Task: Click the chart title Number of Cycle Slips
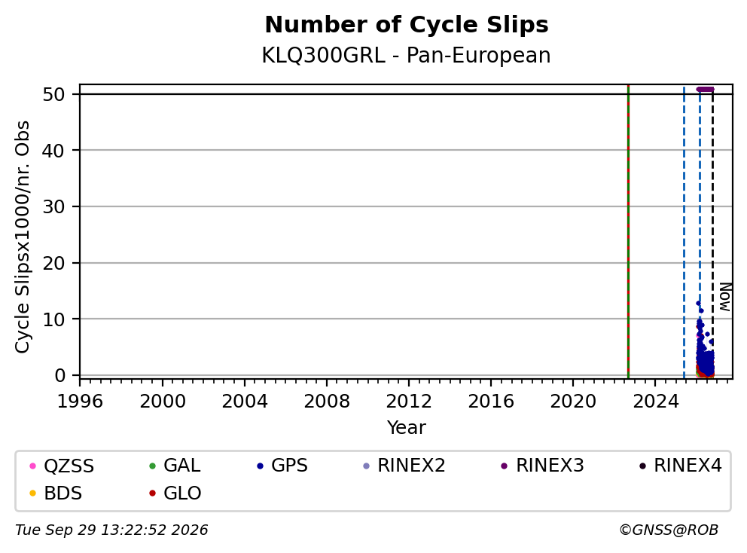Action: coord(407,25)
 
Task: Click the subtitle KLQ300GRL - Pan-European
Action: coord(407,55)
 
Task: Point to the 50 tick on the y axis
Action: coord(53,94)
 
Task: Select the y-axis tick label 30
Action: coord(53,207)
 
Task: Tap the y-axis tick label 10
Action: coord(53,319)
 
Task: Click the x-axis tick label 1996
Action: coord(80,402)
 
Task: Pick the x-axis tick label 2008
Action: coord(327,402)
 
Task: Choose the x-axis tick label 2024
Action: coord(656,402)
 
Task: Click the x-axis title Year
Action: coord(407,428)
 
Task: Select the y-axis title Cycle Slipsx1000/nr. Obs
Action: coord(23,237)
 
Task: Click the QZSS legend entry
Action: coord(62,466)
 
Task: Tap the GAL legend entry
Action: coord(175,466)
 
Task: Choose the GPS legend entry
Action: coord(282,466)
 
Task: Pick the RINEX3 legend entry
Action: coord(543,466)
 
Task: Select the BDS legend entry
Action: coord(56,493)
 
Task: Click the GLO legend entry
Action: coord(175,493)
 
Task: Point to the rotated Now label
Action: coord(724,297)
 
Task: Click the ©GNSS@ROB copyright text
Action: coord(669,530)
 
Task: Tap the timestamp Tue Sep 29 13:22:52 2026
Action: coord(111,530)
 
